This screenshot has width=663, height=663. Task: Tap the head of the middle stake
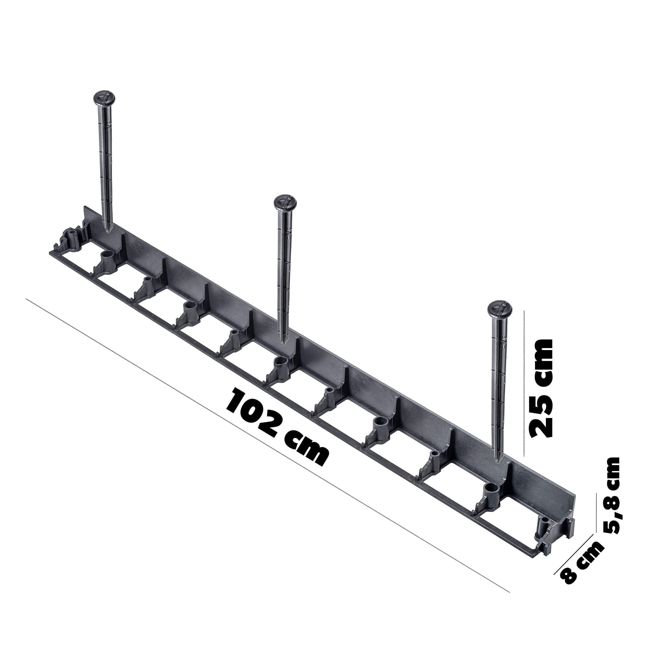tap(285, 202)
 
